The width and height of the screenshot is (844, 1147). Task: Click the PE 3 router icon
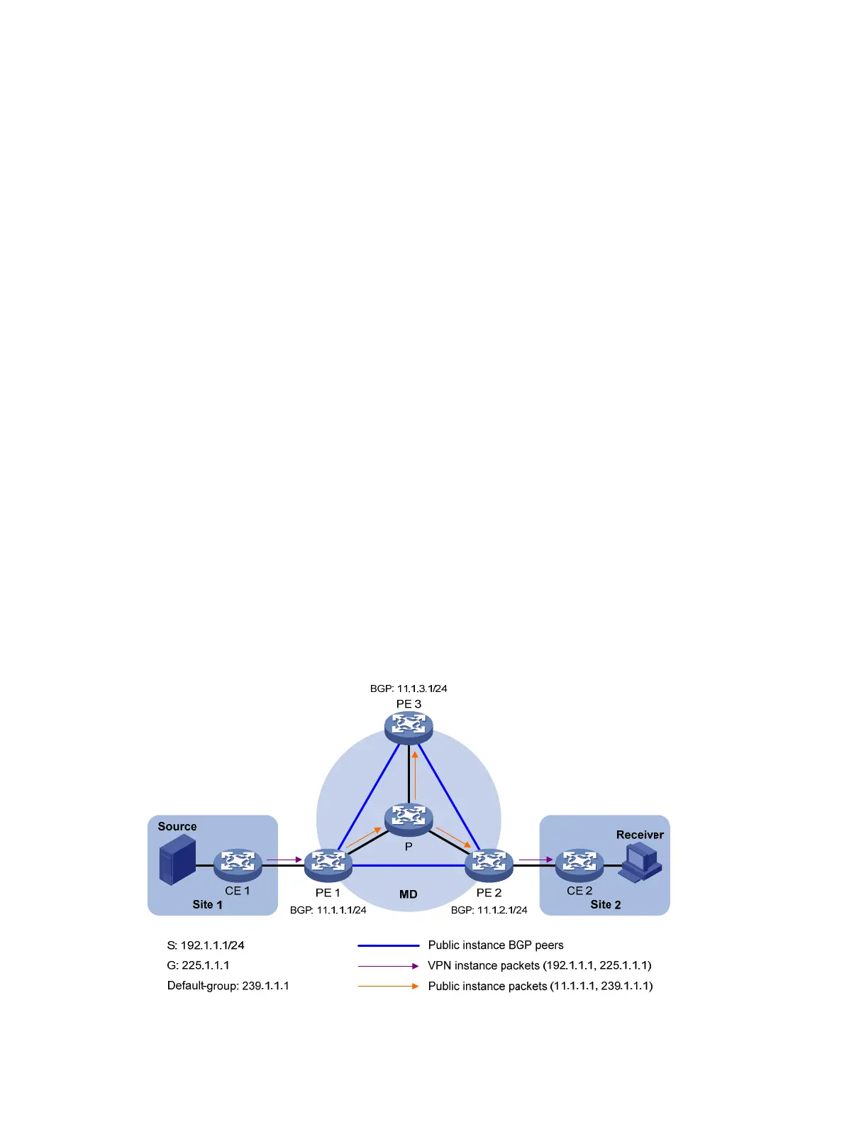(409, 725)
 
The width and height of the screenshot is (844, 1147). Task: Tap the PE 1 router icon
(328, 864)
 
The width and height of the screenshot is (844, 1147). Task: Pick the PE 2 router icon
(489, 864)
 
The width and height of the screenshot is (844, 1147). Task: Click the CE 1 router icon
(238, 864)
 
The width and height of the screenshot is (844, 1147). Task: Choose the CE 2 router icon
(579, 864)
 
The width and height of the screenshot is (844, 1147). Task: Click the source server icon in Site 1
(177, 860)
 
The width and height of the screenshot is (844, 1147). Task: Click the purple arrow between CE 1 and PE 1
(284, 860)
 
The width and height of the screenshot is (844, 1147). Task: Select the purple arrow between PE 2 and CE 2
(535, 860)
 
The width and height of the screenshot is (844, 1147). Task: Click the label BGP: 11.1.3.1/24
(409, 688)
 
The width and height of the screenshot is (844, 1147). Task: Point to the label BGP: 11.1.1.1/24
(328, 910)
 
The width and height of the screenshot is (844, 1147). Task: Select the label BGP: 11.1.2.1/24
(489, 910)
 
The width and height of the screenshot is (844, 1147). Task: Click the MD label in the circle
(409, 894)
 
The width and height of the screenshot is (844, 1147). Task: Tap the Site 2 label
(605, 905)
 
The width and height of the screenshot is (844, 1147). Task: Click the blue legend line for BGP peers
(389, 945)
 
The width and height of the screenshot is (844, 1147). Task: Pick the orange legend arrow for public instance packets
(389, 986)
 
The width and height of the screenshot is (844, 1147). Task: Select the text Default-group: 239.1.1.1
(228, 986)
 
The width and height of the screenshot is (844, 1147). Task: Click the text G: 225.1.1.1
(198, 965)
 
